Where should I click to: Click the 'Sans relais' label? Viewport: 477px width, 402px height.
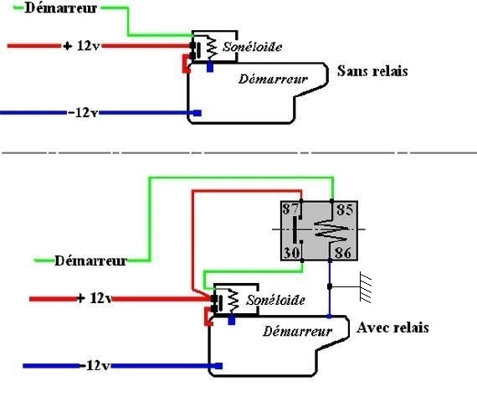[x=372, y=71]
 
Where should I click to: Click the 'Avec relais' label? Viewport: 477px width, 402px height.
[x=392, y=327]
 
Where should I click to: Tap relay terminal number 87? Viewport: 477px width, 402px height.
[x=290, y=209]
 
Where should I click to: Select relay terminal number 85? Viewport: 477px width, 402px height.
[x=345, y=210]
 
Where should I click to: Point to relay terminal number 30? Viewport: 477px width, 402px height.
[x=291, y=252]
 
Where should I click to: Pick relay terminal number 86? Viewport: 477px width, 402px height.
[x=343, y=253]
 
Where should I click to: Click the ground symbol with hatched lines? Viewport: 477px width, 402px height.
[x=366, y=287]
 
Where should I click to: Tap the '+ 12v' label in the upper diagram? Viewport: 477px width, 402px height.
[x=81, y=46]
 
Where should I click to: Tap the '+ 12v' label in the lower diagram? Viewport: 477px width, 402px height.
[x=95, y=298]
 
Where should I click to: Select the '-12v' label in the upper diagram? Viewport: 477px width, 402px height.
[x=83, y=113]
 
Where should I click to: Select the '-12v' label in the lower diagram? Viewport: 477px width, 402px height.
[x=95, y=365]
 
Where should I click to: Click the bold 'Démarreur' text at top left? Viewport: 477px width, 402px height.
[x=60, y=8]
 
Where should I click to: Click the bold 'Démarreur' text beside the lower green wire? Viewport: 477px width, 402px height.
[x=90, y=260]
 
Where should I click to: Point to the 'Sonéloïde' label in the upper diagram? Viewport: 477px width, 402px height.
[x=252, y=47]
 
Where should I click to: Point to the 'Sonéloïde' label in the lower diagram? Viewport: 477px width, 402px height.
[x=275, y=301]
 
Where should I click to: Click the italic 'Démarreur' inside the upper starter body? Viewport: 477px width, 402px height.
[x=273, y=80]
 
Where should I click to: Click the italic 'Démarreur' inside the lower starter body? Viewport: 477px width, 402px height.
[x=297, y=332]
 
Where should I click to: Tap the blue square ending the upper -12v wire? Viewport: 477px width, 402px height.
[x=197, y=113]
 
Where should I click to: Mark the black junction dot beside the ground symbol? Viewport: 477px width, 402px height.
[x=330, y=286]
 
